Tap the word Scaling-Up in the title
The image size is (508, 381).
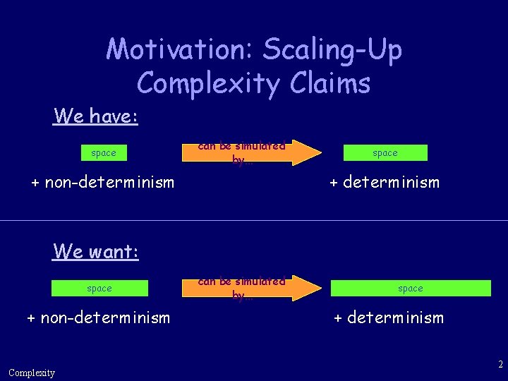pyautogui.click(x=332, y=49)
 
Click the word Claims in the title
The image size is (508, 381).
pyautogui.click(x=329, y=83)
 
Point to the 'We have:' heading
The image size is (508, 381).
pyautogui.click(x=96, y=116)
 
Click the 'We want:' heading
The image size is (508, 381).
pyautogui.click(x=96, y=250)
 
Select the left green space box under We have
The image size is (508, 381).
pyautogui.click(x=104, y=152)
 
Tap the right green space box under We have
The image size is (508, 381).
pyautogui.click(x=385, y=152)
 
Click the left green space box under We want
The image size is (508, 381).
pyautogui.click(x=99, y=288)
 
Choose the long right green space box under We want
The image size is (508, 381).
pyautogui.click(x=411, y=288)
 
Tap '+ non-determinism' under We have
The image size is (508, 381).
pyautogui.click(x=102, y=183)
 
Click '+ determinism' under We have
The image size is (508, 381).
pyautogui.click(x=385, y=183)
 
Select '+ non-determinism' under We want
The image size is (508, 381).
pyautogui.click(x=98, y=317)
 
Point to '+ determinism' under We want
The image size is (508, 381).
pyautogui.click(x=389, y=317)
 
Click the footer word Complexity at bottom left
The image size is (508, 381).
pyautogui.click(x=32, y=373)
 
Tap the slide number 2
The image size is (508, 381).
pyautogui.click(x=500, y=365)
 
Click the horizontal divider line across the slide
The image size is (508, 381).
pyautogui.click(x=254, y=220)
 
